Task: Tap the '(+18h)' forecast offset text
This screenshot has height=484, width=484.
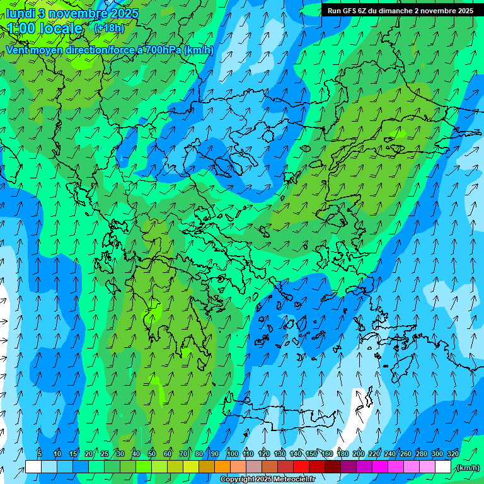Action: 108,28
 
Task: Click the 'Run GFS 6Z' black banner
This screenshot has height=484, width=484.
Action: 398,11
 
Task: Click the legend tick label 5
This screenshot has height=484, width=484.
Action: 40,454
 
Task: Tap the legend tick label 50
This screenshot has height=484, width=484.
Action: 151,454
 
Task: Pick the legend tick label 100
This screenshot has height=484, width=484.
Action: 232,454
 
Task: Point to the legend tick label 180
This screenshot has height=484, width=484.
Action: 342,454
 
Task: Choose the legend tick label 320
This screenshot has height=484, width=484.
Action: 453,454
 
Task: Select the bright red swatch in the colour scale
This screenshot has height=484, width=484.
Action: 301,467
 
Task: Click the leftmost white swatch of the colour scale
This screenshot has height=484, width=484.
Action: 33,467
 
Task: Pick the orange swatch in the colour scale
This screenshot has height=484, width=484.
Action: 222,467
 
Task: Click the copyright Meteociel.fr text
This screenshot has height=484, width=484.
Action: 267,480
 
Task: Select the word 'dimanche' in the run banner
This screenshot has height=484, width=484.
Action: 391,11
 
